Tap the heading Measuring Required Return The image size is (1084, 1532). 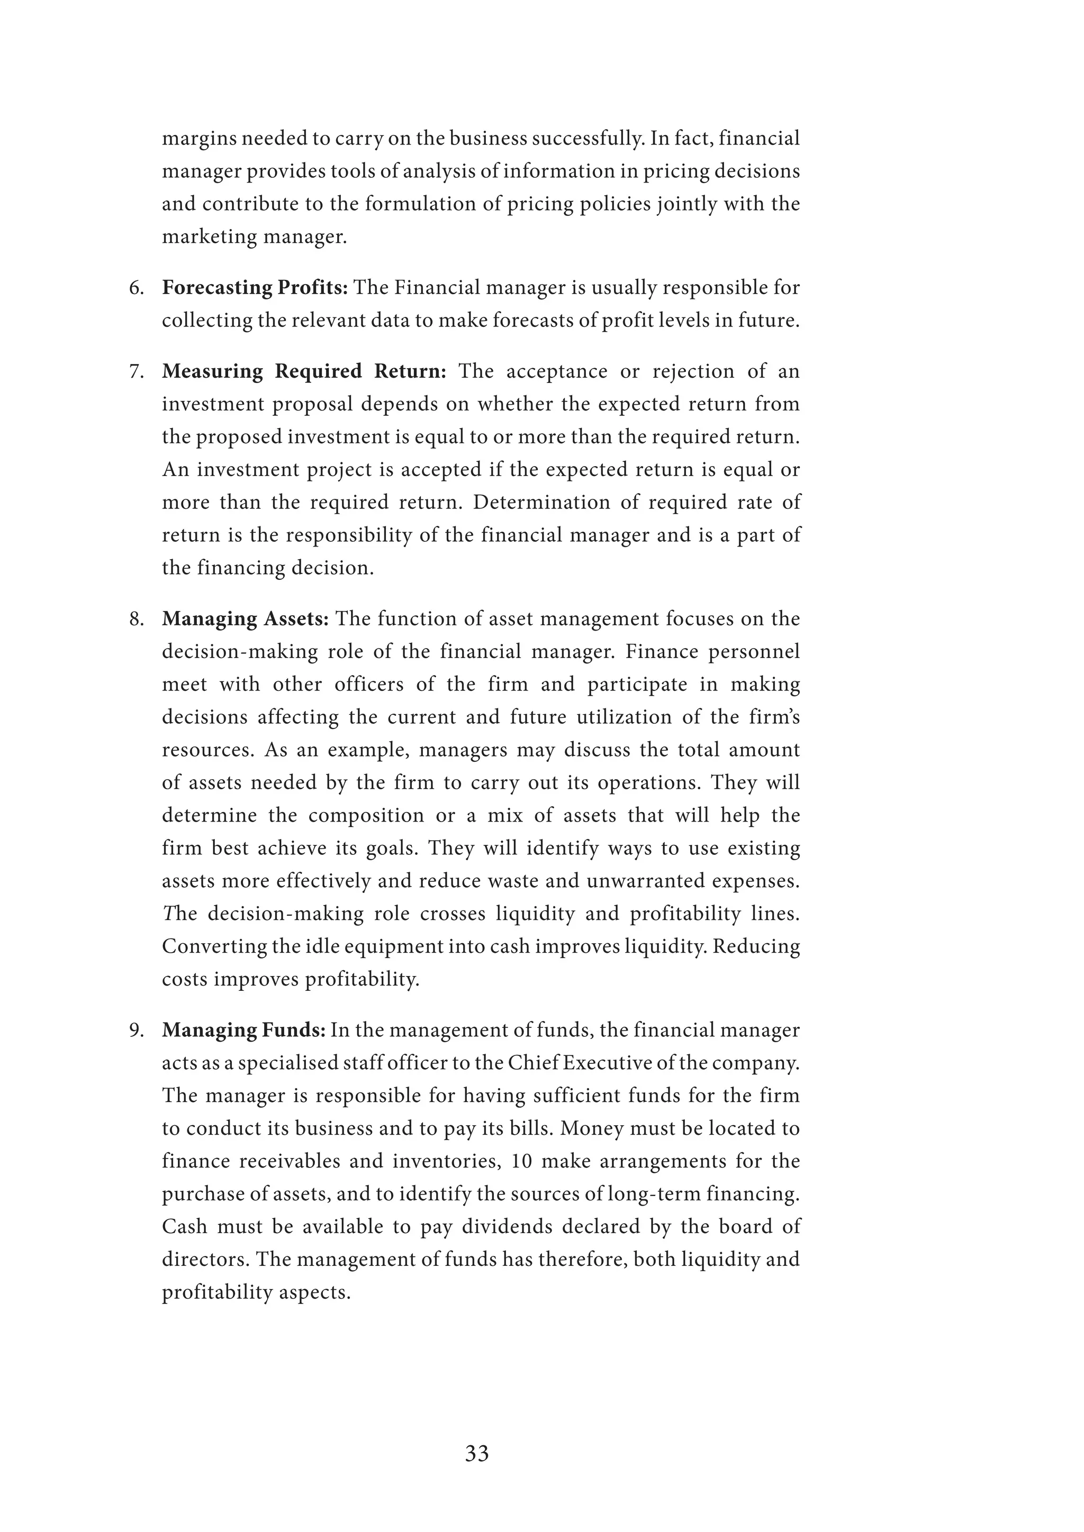304,372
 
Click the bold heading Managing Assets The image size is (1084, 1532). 246,619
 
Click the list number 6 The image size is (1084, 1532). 137,288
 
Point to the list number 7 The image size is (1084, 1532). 137,372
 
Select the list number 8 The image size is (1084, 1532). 137,619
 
